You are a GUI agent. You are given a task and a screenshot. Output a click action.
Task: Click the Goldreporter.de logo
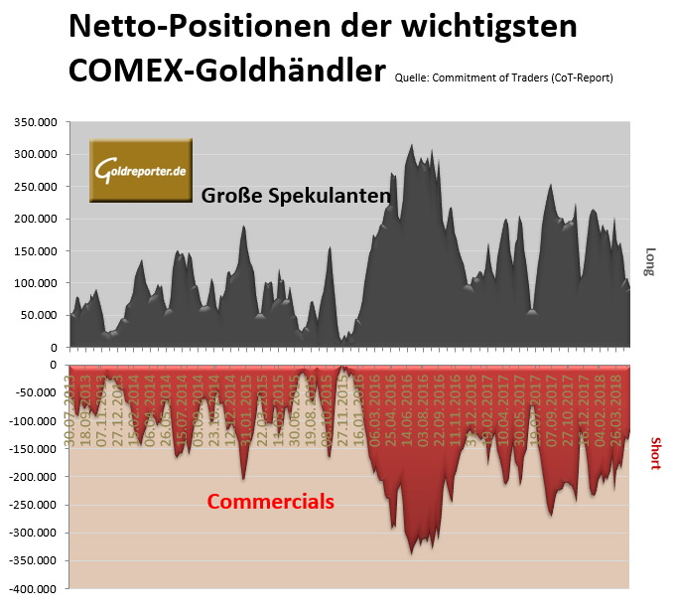click(140, 171)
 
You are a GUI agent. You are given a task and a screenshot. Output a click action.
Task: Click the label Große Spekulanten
click(295, 196)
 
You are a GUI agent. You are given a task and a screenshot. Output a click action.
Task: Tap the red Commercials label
click(270, 502)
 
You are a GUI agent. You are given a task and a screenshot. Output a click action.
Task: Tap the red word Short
click(655, 454)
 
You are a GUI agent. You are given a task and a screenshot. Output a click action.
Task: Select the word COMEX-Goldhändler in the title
click(226, 71)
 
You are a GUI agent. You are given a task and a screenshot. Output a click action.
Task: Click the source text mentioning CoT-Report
click(503, 77)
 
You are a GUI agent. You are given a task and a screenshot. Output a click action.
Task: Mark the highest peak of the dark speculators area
click(412, 145)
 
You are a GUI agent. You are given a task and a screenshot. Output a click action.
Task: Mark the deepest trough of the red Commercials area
click(412, 553)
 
